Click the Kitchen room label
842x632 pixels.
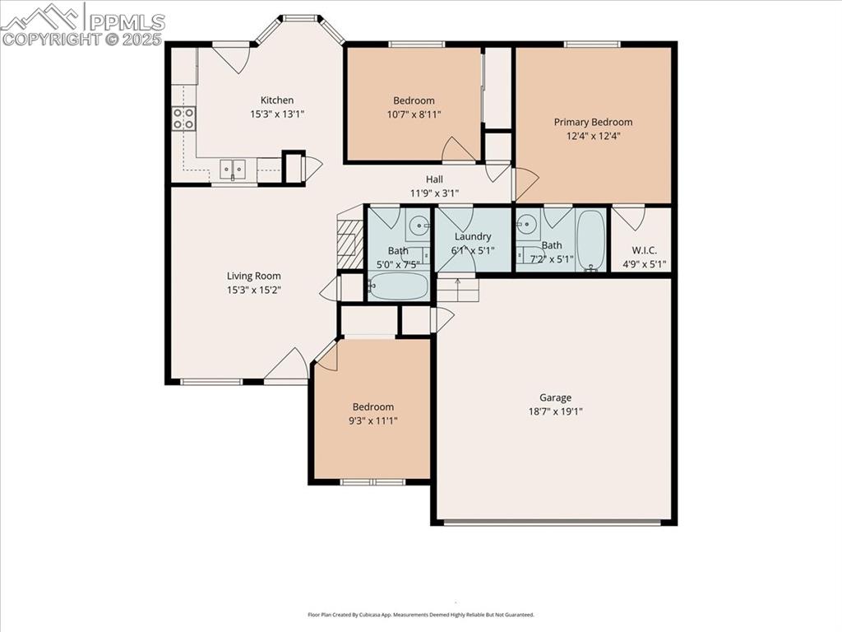pyautogui.click(x=277, y=100)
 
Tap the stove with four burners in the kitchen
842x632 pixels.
pyautogui.click(x=183, y=118)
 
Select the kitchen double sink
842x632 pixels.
pyautogui.click(x=233, y=170)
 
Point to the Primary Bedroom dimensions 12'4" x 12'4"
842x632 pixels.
pyautogui.click(x=593, y=137)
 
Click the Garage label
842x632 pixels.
pyautogui.click(x=555, y=397)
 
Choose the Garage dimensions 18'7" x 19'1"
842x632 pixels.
pyautogui.click(x=555, y=411)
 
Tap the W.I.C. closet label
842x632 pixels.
pyautogui.click(x=644, y=250)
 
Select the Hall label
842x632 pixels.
pyautogui.click(x=434, y=179)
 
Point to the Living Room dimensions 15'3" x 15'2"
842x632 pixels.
pyautogui.click(x=254, y=290)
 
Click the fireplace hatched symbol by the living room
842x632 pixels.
pyautogui.click(x=350, y=243)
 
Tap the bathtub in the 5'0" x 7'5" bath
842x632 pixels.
pyautogui.click(x=398, y=286)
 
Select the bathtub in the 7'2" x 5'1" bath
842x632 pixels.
pyautogui.click(x=590, y=240)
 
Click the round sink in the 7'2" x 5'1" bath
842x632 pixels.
pyautogui.click(x=528, y=223)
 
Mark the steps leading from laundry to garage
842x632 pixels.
pyautogui.click(x=457, y=289)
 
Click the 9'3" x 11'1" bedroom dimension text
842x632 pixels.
pyautogui.click(x=373, y=421)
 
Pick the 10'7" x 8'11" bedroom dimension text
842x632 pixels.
pyautogui.click(x=414, y=115)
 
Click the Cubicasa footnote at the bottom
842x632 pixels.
pyautogui.click(x=421, y=615)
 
